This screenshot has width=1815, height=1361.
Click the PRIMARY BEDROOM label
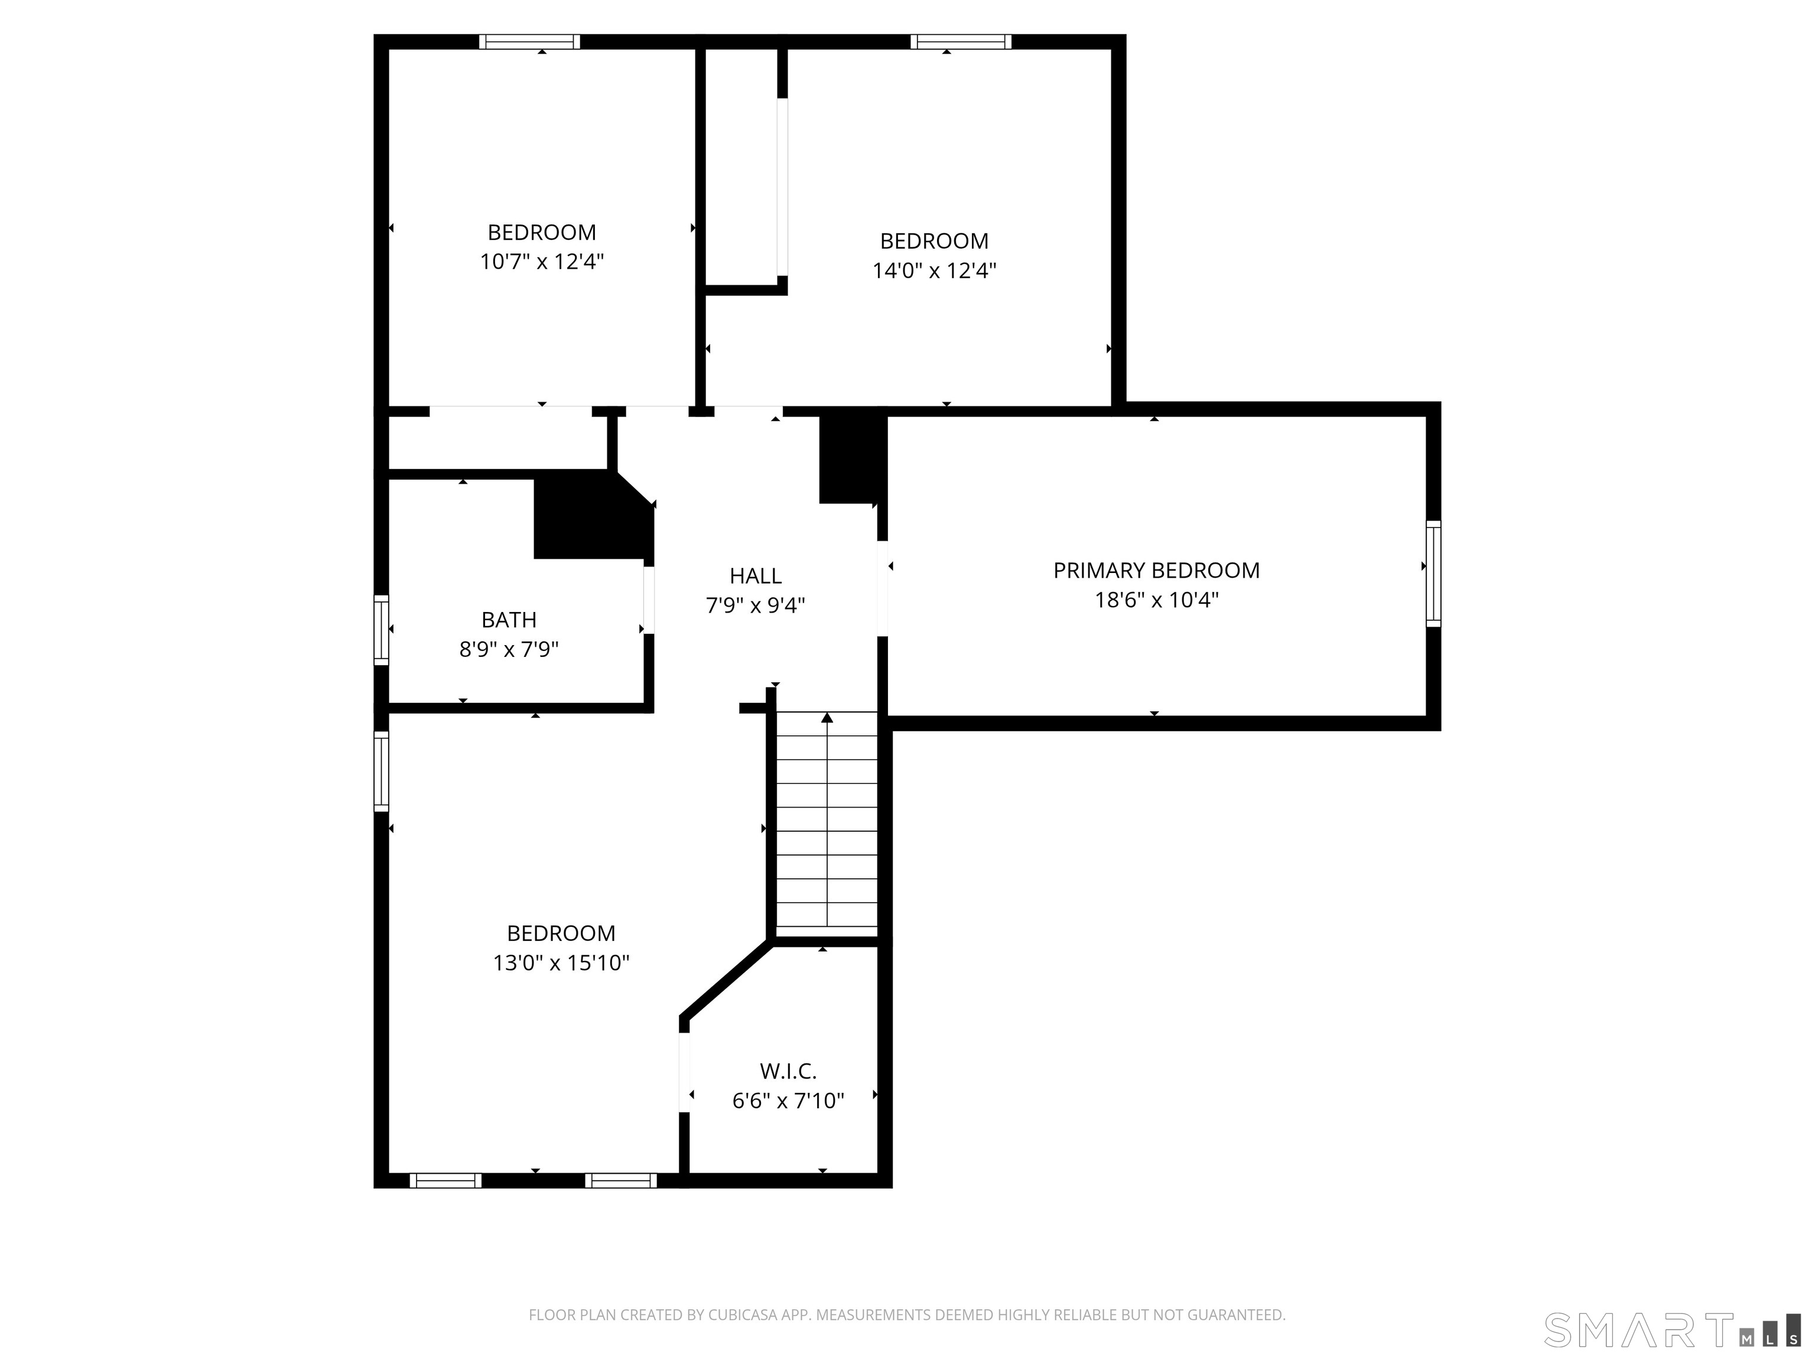click(1156, 570)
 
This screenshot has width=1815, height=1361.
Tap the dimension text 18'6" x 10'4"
click(1156, 600)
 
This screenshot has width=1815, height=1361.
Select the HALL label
click(755, 576)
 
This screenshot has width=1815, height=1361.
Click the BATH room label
click(509, 620)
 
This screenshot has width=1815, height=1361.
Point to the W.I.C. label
click(788, 1070)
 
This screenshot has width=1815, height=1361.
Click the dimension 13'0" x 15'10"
click(561, 962)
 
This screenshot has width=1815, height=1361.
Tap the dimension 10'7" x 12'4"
click(542, 262)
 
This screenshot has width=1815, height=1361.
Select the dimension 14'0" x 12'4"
click(933, 271)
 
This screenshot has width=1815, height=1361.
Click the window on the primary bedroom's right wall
click(1433, 574)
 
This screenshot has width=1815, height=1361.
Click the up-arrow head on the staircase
click(827, 718)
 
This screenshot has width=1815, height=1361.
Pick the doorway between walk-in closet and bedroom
click(684, 1072)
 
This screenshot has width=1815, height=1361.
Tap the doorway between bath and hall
click(648, 599)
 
